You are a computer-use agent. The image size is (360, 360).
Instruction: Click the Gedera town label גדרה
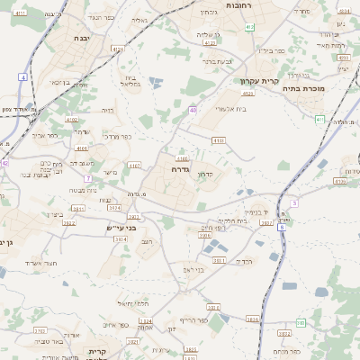pos(175,168)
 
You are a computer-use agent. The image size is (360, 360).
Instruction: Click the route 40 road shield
pos(193,110)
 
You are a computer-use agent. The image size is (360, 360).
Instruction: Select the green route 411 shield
pos(320,119)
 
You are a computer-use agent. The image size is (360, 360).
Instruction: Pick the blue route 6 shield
pos(282,228)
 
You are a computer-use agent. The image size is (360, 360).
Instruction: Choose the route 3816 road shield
pos(252,319)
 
